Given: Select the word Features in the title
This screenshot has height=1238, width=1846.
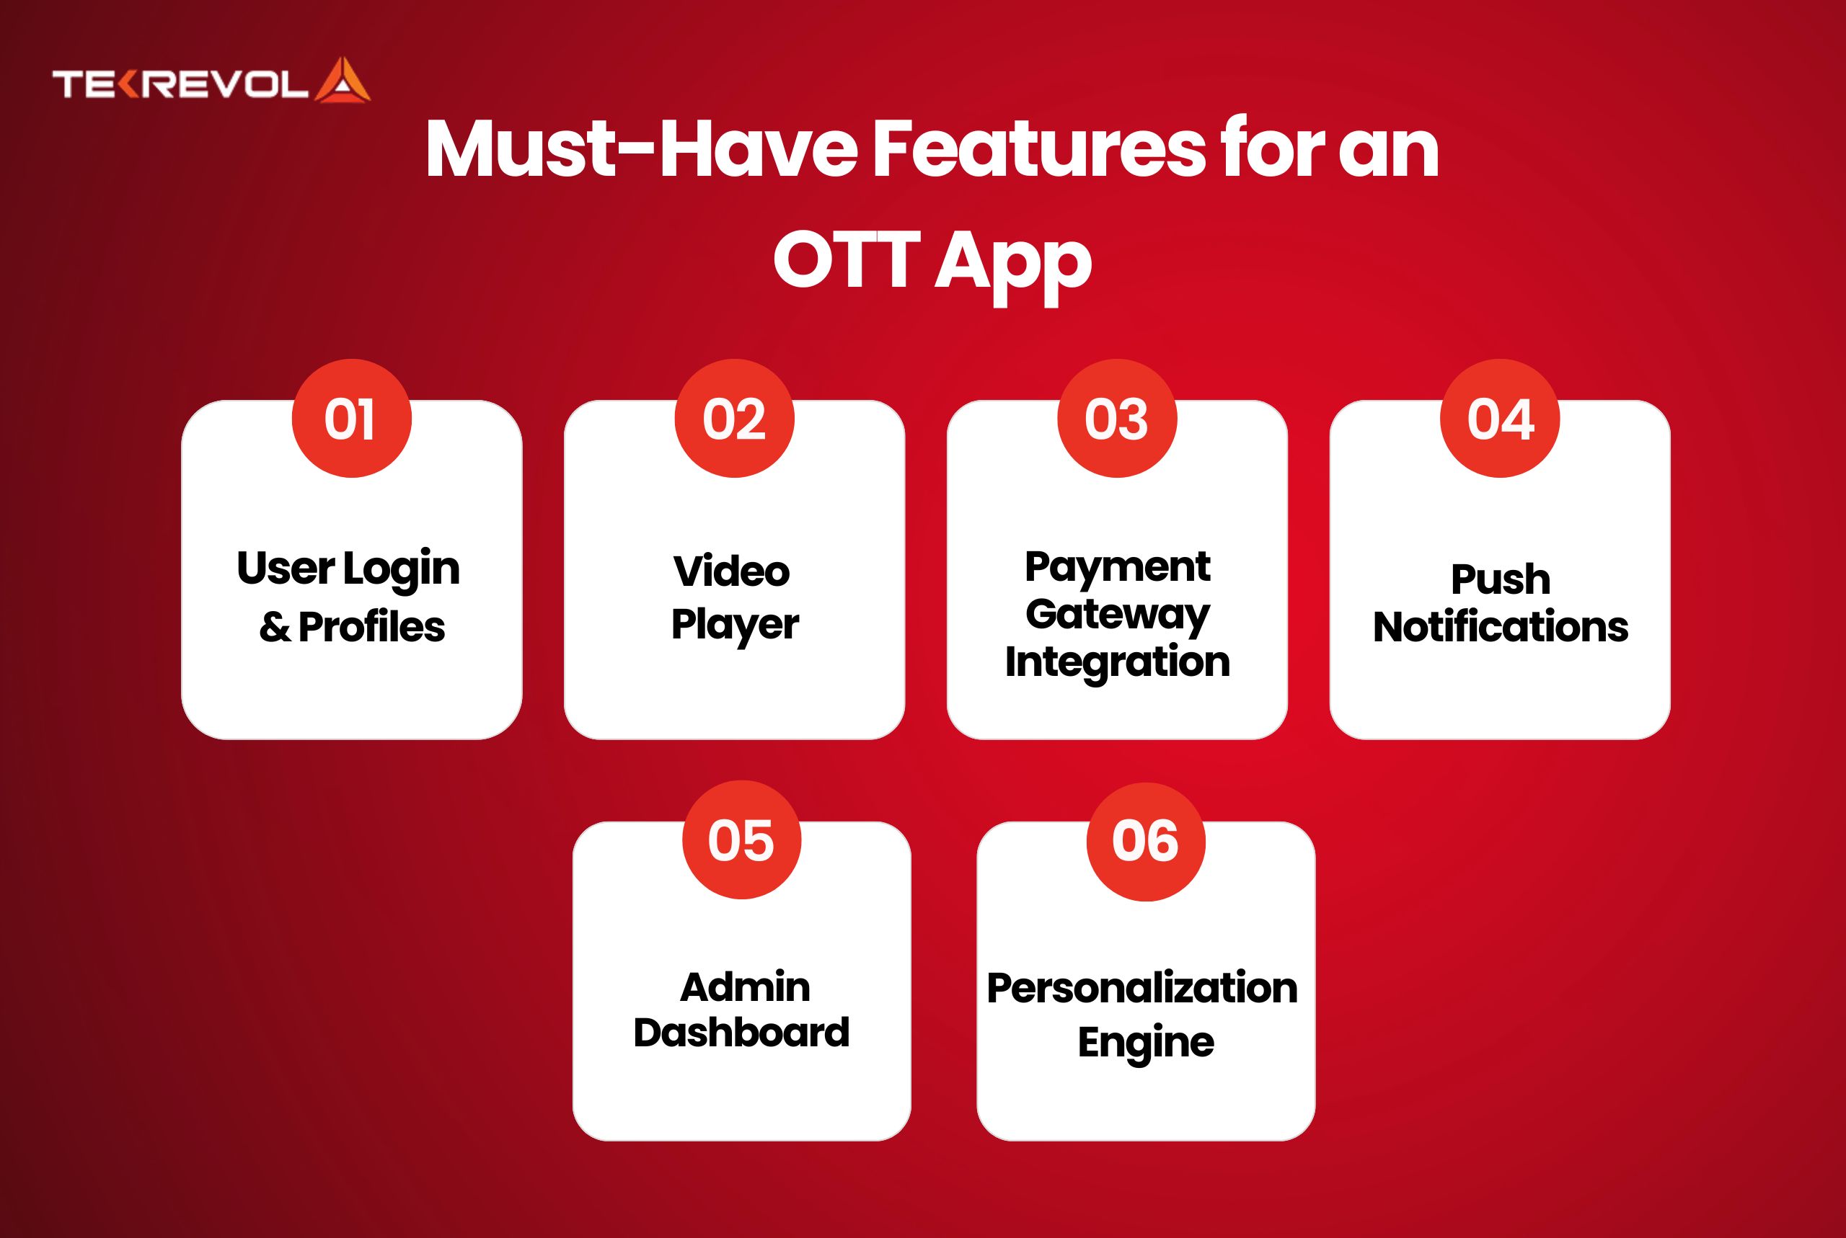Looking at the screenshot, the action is tap(1038, 149).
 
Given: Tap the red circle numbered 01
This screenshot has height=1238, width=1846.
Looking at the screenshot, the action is tap(351, 419).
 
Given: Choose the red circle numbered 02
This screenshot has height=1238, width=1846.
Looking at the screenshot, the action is tap(734, 419).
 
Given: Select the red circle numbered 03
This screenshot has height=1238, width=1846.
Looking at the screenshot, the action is tap(1117, 419).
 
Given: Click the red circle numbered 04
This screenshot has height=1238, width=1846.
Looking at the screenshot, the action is tap(1500, 419).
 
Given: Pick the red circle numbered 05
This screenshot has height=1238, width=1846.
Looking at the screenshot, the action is tap(742, 840).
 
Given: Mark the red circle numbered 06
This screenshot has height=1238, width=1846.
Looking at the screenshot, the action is tap(1146, 841).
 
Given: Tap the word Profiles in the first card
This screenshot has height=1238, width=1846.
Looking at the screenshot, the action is tap(372, 627).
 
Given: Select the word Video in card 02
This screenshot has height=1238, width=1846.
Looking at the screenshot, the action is tap(731, 571).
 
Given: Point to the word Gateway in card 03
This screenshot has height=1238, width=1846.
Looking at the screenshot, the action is tap(1117, 615).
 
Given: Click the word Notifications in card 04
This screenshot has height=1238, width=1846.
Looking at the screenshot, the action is tap(1501, 627).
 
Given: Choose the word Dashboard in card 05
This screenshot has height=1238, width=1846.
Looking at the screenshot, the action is tap(742, 1032).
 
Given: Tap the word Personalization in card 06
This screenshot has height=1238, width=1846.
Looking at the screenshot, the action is tap(1142, 988).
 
